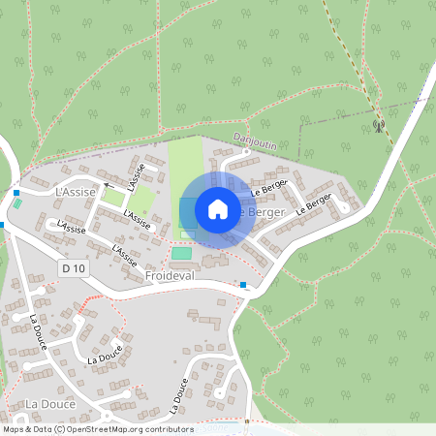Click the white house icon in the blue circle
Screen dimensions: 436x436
(218, 209)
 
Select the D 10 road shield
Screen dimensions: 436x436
(70, 266)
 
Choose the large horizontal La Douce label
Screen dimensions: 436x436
(45, 403)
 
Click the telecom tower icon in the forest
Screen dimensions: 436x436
(378, 124)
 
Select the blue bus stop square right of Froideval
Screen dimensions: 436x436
(243, 286)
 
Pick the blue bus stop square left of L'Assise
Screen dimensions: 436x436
(17, 193)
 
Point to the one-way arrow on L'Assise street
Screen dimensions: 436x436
(109, 184)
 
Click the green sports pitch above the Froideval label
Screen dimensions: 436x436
(181, 253)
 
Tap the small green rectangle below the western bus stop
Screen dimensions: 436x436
(16, 205)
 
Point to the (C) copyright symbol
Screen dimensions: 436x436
(60, 429)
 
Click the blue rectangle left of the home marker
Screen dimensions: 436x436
(187, 212)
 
